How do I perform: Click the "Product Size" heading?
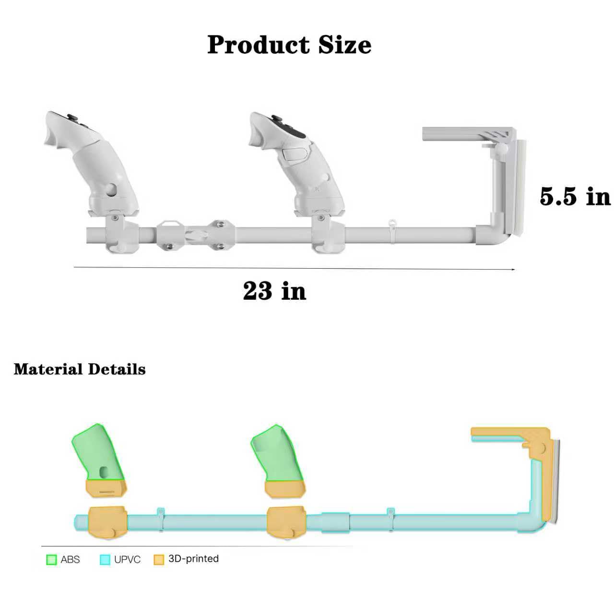(289, 45)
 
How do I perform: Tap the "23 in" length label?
(274, 291)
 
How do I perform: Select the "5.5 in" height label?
(575, 197)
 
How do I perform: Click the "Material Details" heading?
(80, 369)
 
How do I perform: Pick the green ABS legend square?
(51, 559)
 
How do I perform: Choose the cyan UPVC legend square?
(105, 559)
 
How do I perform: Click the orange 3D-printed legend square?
(159, 559)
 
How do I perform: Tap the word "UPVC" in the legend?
(127, 559)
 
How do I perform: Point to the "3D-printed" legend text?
(193, 559)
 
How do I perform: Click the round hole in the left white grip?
(111, 189)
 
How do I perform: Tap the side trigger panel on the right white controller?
(294, 154)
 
